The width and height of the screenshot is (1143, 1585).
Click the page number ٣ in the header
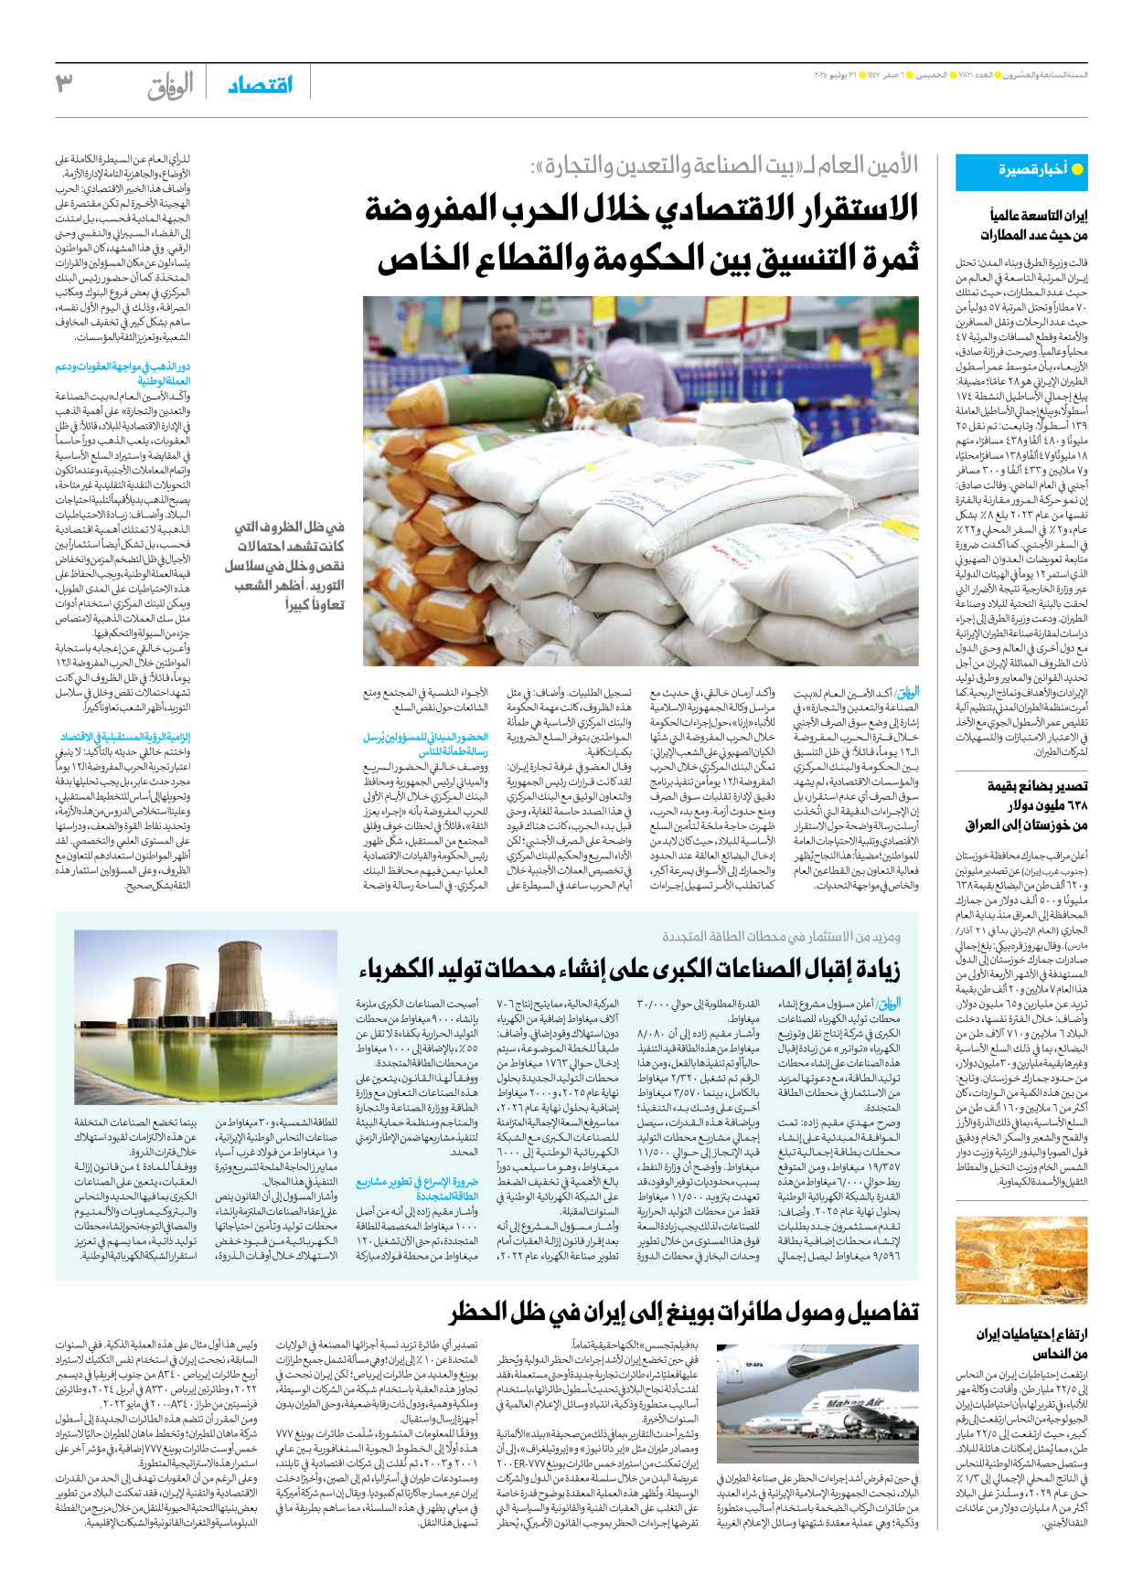[x=64, y=85]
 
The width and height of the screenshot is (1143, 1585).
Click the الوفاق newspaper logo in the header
[x=171, y=86]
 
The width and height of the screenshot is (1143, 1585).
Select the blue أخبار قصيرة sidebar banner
[x=1020, y=171]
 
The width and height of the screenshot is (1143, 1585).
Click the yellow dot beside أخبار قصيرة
[x=1077, y=170]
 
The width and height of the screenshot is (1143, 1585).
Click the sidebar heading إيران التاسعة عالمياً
[x=1039, y=216]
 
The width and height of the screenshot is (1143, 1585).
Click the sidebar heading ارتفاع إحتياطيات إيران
[x=1031, y=1334]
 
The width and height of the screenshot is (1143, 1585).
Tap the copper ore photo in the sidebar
[x=1021, y=1260]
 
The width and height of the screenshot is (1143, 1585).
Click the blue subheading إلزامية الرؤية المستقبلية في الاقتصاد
[x=125, y=737]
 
